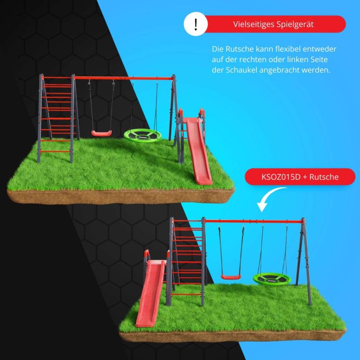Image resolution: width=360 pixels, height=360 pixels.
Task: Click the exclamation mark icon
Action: pyautogui.click(x=195, y=24)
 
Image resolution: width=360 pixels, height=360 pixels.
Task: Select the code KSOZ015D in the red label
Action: pyautogui.click(x=281, y=177)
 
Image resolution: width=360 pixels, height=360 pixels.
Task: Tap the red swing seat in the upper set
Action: pyautogui.click(x=102, y=133)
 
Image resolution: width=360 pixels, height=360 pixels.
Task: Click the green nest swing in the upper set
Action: pyautogui.click(x=142, y=136)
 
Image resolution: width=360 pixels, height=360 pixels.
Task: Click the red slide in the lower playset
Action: pyautogui.click(x=151, y=293)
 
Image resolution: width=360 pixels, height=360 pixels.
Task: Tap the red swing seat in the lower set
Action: pyautogui.click(x=231, y=277)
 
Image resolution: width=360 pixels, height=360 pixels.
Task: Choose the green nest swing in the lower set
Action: pyautogui.click(x=272, y=279)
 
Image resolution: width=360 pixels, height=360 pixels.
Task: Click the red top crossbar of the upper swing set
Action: pyautogui.click(x=124, y=78)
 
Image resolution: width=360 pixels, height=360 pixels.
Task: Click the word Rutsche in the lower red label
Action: pyautogui.click(x=324, y=177)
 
